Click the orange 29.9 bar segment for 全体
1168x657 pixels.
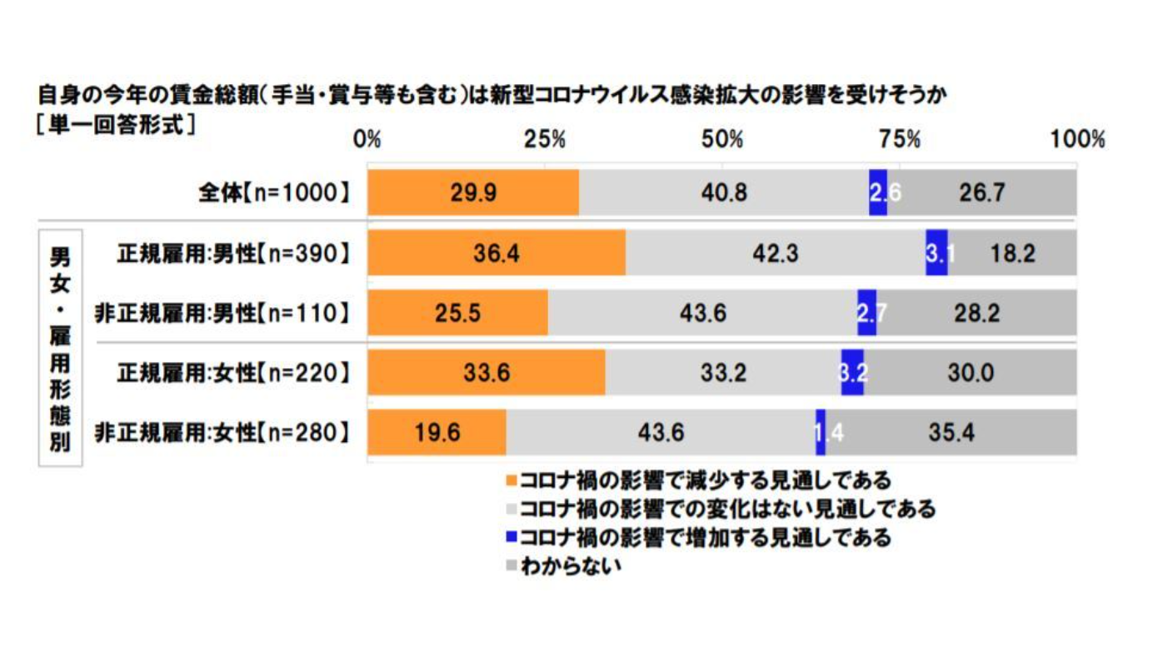[473, 193]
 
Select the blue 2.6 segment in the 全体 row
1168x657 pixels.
[877, 193]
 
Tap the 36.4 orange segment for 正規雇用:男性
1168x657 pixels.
[497, 252]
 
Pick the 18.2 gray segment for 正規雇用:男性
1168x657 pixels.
[1011, 252]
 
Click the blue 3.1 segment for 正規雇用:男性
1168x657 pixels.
[936, 252]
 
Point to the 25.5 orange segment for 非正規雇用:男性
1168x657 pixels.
[457, 313]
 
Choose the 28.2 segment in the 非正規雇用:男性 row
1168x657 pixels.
[976, 313]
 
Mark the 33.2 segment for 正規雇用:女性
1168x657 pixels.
[723, 373]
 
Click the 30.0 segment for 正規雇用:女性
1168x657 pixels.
[970, 373]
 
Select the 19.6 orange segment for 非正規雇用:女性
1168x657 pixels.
[437, 433]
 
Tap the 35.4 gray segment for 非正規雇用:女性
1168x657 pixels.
[951, 433]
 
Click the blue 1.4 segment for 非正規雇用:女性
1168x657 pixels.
[821, 433]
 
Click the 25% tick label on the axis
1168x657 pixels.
[546, 139]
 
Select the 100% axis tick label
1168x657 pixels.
[1076, 139]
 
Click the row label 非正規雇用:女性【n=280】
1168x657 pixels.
[221, 433]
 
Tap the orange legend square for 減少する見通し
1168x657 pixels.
[511, 480]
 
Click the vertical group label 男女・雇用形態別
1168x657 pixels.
[60, 347]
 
